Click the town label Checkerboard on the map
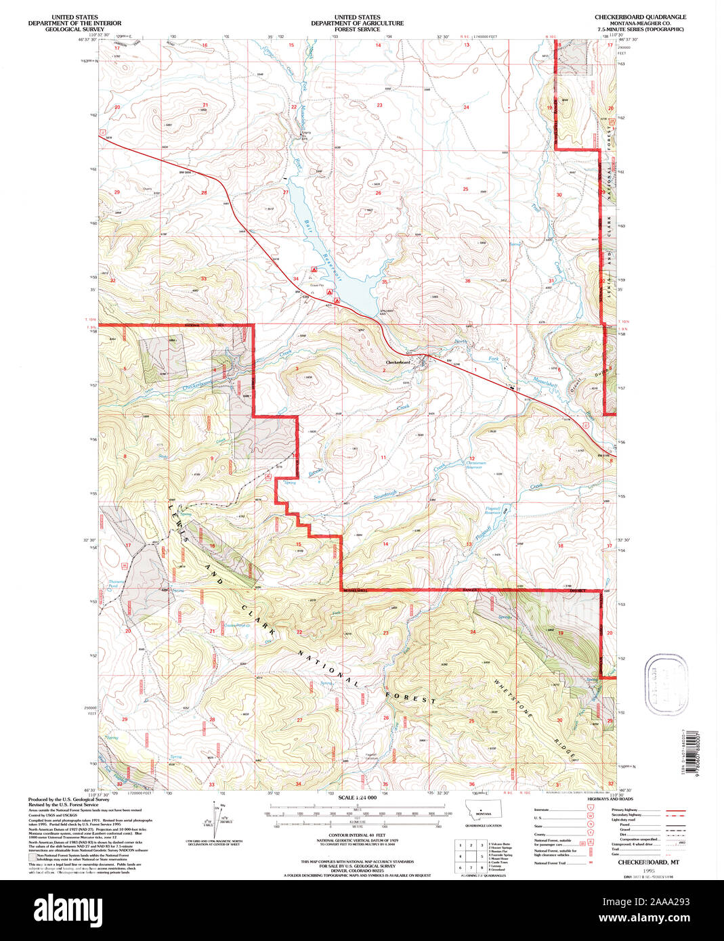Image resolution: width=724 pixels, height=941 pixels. pos(398,362)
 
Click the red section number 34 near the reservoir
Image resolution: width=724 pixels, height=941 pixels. pos(296,279)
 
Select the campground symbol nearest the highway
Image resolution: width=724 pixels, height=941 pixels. pos(329,292)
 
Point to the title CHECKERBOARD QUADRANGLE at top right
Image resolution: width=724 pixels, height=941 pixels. pos(640,17)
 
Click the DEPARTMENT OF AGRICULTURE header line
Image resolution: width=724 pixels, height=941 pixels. pos(357,23)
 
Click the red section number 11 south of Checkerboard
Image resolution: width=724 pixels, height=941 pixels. pos(383,458)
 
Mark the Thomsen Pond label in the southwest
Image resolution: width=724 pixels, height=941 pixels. pos(117,583)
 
